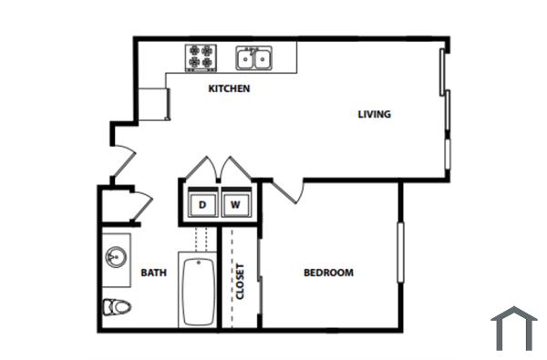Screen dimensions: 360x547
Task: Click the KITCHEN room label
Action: click(x=229, y=89)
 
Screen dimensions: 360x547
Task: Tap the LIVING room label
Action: click(x=374, y=115)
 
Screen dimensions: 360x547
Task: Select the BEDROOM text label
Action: click(x=328, y=273)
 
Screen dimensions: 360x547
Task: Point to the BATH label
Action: click(x=153, y=273)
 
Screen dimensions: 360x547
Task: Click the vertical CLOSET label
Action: click(x=241, y=282)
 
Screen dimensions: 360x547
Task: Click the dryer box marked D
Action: click(x=201, y=205)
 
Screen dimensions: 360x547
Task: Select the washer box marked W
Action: click(x=234, y=205)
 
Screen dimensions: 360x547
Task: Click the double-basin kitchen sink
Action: click(x=254, y=58)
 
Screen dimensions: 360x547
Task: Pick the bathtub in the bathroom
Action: click(x=197, y=291)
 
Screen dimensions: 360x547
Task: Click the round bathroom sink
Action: click(x=117, y=256)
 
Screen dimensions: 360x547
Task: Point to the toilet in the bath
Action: click(x=116, y=306)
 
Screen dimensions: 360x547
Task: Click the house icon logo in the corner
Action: click(x=514, y=329)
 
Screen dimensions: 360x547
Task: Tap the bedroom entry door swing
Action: click(x=288, y=190)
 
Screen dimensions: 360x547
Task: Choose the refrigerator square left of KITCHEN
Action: click(x=154, y=103)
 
